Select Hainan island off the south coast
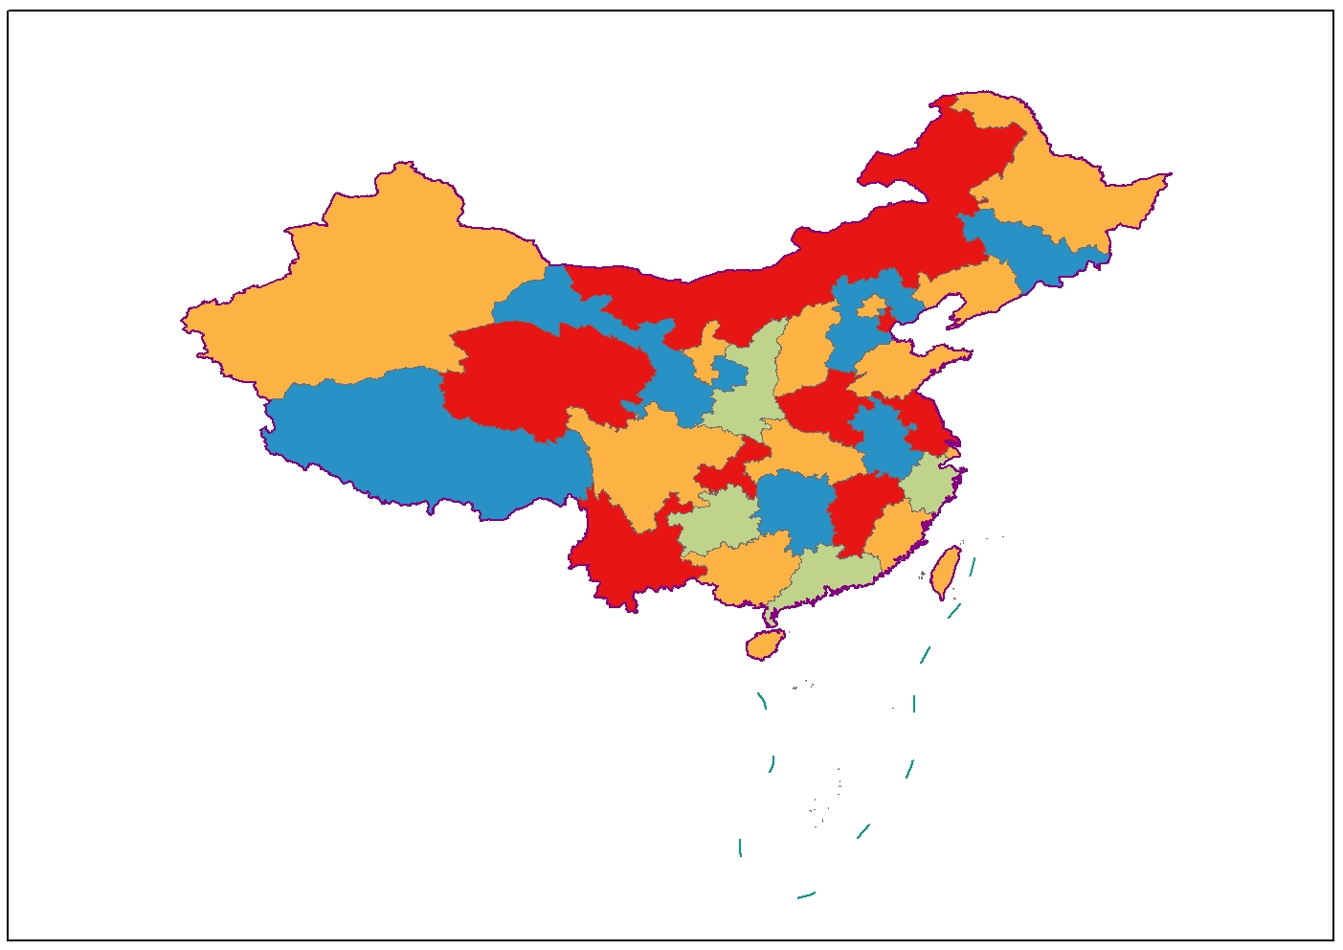click(x=765, y=645)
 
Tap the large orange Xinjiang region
click(x=373, y=287)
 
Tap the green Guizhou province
click(x=718, y=522)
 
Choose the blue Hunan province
click(x=795, y=508)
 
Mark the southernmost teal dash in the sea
click(x=806, y=895)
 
